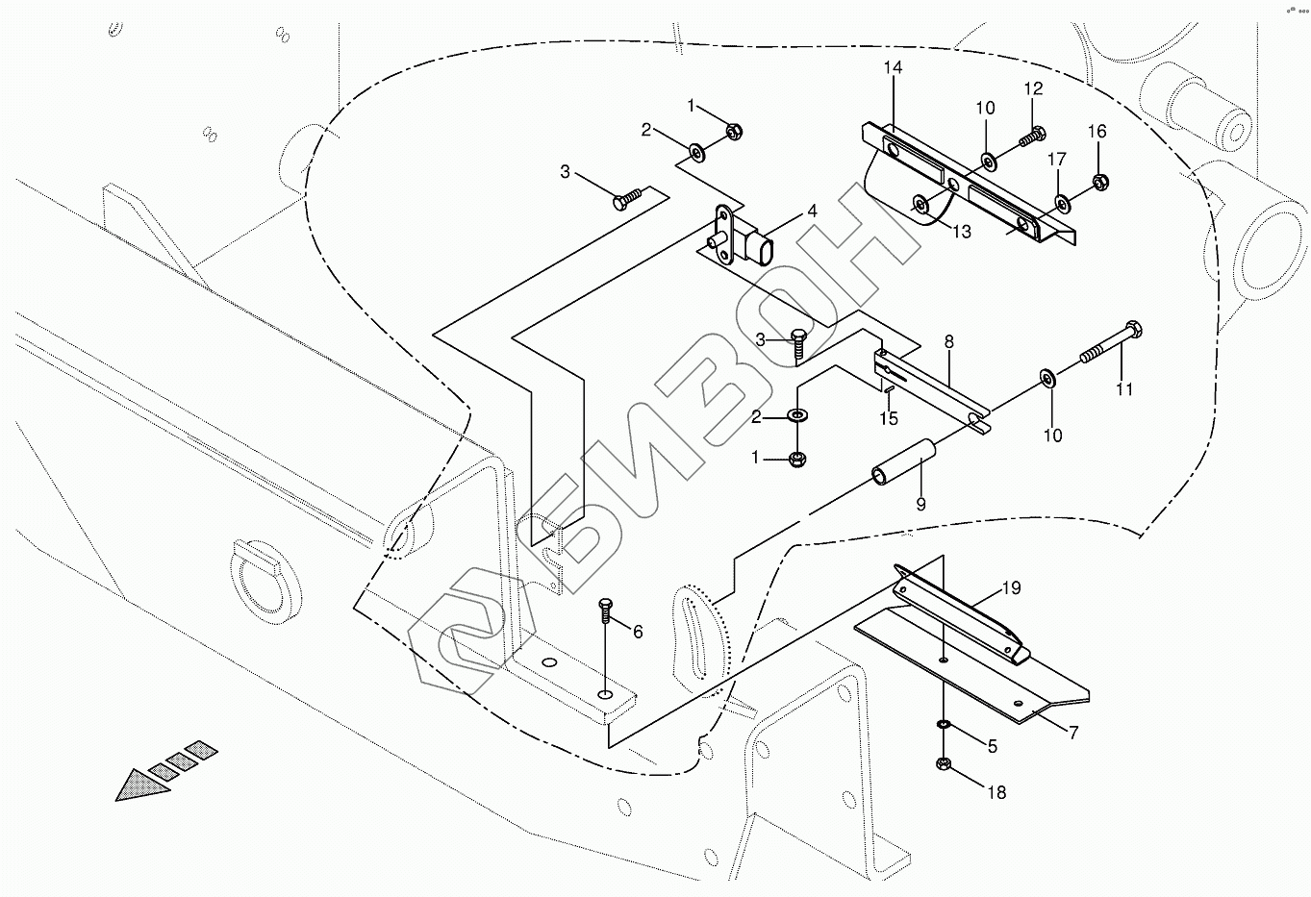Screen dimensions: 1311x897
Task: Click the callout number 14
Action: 893,68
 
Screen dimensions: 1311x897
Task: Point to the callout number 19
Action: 1011,588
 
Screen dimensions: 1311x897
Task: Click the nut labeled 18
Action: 943,763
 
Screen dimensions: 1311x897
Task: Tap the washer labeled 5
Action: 943,725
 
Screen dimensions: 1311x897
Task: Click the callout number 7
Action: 1072,733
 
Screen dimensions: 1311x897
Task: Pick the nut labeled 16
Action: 1100,183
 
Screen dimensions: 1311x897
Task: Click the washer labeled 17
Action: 1062,203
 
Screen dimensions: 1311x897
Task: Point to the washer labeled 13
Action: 920,204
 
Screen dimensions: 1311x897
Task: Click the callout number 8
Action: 948,341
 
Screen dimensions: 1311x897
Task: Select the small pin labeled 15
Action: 889,389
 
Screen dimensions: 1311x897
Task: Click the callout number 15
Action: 889,418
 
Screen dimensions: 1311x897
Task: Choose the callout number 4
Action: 812,212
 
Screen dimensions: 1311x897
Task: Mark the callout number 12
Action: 1034,89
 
